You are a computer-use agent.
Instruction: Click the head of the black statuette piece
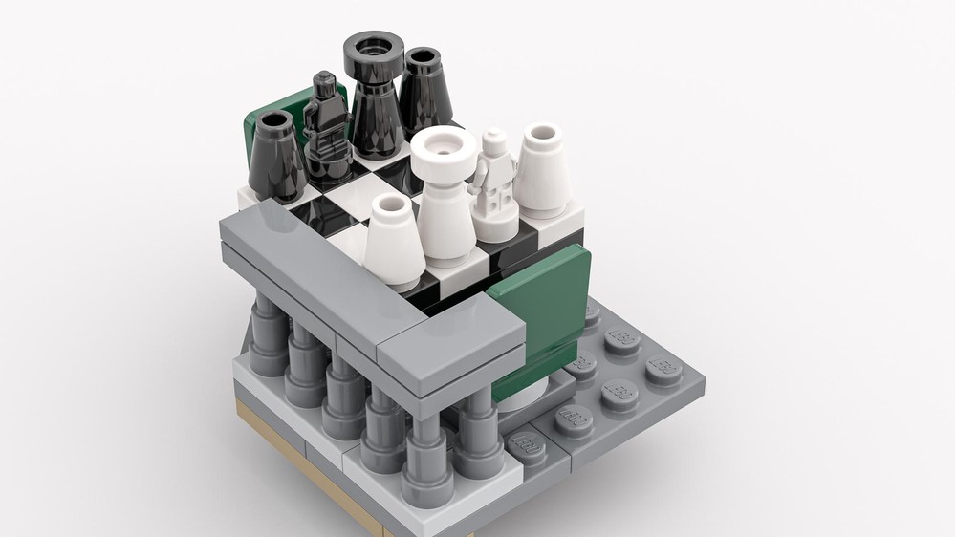point(326,87)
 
